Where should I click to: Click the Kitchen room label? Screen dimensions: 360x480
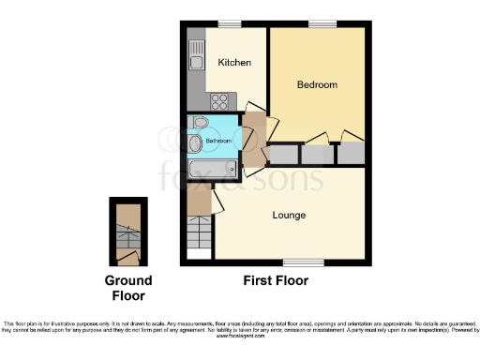234,63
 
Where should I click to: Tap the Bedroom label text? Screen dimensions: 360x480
317,85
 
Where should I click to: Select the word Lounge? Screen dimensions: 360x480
289,216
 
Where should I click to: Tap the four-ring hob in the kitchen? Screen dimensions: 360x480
221,101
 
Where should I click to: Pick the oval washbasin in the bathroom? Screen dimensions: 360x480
195,143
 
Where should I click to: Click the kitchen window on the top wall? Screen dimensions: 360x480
229,24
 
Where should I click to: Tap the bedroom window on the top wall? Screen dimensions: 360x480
323,24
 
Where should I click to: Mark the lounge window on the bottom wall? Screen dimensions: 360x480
297,261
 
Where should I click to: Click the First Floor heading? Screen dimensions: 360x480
275,280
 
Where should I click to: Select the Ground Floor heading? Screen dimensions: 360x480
127,288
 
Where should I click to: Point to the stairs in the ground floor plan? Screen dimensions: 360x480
127,230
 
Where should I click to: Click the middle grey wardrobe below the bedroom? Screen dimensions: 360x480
316,155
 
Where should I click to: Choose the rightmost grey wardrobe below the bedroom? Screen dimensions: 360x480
350,153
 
